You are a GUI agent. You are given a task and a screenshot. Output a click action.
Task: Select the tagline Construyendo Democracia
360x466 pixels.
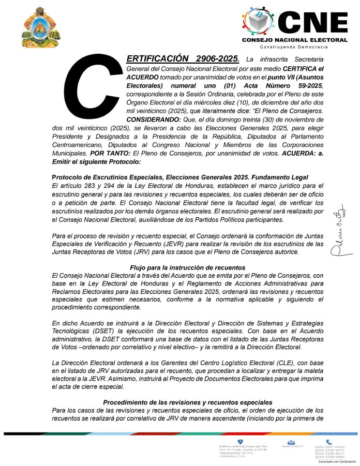pyautogui.click(x=294, y=47)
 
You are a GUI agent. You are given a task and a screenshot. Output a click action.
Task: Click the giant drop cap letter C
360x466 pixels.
pyautogui.click(x=99, y=87)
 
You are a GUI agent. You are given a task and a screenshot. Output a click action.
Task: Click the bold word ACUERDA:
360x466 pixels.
pyautogui.click(x=293, y=154)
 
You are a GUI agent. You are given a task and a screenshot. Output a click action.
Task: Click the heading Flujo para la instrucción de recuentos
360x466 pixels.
pyautogui.click(x=187, y=268)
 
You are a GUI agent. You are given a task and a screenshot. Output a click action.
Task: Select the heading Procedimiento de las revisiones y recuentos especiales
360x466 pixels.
pyautogui.click(x=187, y=402)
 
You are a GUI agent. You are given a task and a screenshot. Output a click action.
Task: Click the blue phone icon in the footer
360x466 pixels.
pyautogui.click(x=328, y=442)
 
